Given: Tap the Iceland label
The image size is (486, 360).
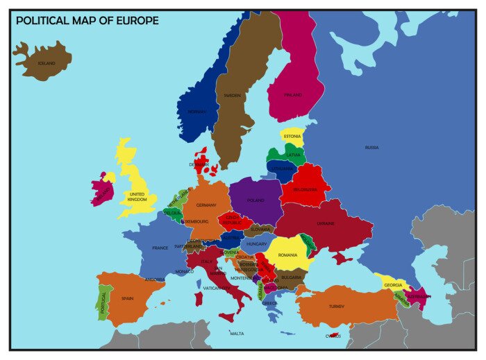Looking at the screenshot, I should [x=46, y=63].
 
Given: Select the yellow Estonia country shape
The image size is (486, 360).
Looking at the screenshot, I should [x=292, y=135].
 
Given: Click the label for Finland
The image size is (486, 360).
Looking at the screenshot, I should [x=294, y=95].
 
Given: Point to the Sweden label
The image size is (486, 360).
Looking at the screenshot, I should [x=231, y=95].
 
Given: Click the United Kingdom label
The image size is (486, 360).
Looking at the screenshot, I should [x=137, y=197].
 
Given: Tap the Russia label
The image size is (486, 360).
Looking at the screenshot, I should [x=372, y=147].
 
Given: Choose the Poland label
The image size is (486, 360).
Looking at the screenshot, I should [x=255, y=200].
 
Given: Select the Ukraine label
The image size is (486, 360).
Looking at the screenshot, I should [x=326, y=223].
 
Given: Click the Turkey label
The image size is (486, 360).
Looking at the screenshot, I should [x=337, y=306].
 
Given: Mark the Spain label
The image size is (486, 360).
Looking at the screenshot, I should [x=127, y=298].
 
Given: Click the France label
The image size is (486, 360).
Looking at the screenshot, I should [x=160, y=248].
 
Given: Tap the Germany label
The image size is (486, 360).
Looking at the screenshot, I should [x=206, y=205].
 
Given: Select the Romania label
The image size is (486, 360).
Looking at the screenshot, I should [x=287, y=255].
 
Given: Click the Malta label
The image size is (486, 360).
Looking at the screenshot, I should [x=237, y=334].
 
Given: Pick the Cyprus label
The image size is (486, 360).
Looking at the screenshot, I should [x=333, y=336].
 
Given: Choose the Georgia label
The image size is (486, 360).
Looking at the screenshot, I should [x=393, y=285].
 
